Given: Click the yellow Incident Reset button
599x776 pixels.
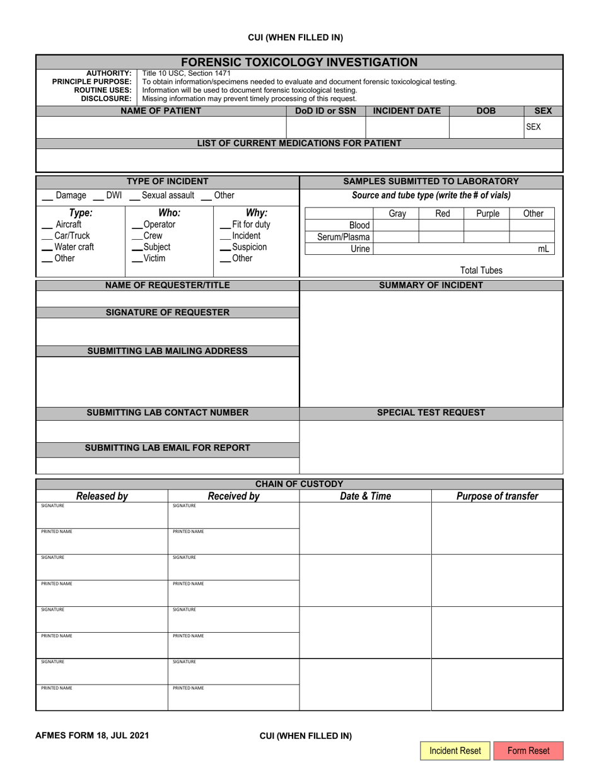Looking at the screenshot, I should click(x=455, y=751).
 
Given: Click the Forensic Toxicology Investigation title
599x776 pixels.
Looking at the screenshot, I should click(x=299, y=62).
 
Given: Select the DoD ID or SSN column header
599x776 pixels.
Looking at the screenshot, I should click(x=325, y=111).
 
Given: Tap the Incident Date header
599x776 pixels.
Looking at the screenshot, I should click(x=407, y=111).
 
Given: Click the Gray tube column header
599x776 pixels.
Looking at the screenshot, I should click(x=397, y=214).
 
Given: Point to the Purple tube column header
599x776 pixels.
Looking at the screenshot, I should click(x=487, y=214).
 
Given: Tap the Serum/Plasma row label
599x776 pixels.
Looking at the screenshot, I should click(x=344, y=237).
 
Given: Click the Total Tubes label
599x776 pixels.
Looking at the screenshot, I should click(x=481, y=271).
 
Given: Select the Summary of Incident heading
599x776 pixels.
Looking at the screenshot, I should click(x=431, y=285).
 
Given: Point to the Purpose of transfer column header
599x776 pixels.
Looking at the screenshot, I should click(x=497, y=496).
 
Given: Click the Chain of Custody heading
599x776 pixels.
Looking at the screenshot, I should click(x=299, y=484).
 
